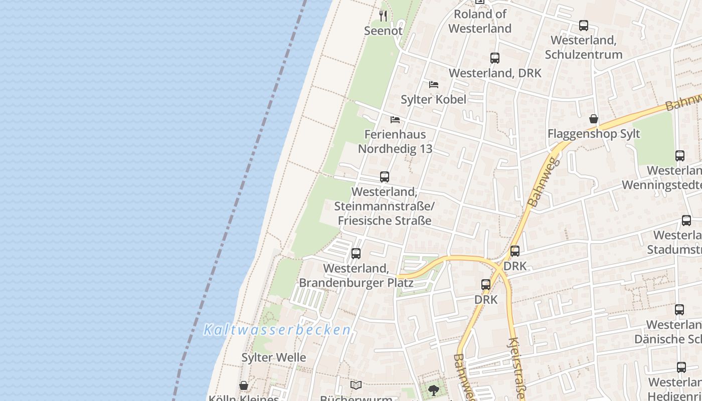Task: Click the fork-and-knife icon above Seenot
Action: coord(383,16)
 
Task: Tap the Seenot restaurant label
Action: coord(383,31)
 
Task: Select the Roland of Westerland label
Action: coord(480,21)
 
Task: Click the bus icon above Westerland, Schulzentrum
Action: coord(583,26)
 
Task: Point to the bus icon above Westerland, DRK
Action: coord(495,58)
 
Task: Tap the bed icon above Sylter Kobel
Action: coord(434,85)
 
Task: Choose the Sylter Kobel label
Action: coord(433,99)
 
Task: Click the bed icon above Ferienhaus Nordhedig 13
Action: coord(395,120)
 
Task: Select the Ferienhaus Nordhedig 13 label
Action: coord(395,141)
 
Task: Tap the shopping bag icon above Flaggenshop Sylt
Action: coord(594,119)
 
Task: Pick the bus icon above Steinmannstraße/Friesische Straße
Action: coord(385,177)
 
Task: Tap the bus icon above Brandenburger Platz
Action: coord(356,254)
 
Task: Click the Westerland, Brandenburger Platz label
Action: coord(356,275)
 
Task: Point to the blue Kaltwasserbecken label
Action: coord(277,330)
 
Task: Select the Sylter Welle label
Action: coord(274,357)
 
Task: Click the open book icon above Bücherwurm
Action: coord(356,385)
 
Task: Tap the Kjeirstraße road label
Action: coord(516,368)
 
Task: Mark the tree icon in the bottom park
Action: coord(434,390)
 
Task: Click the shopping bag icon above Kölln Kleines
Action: coord(244,385)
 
